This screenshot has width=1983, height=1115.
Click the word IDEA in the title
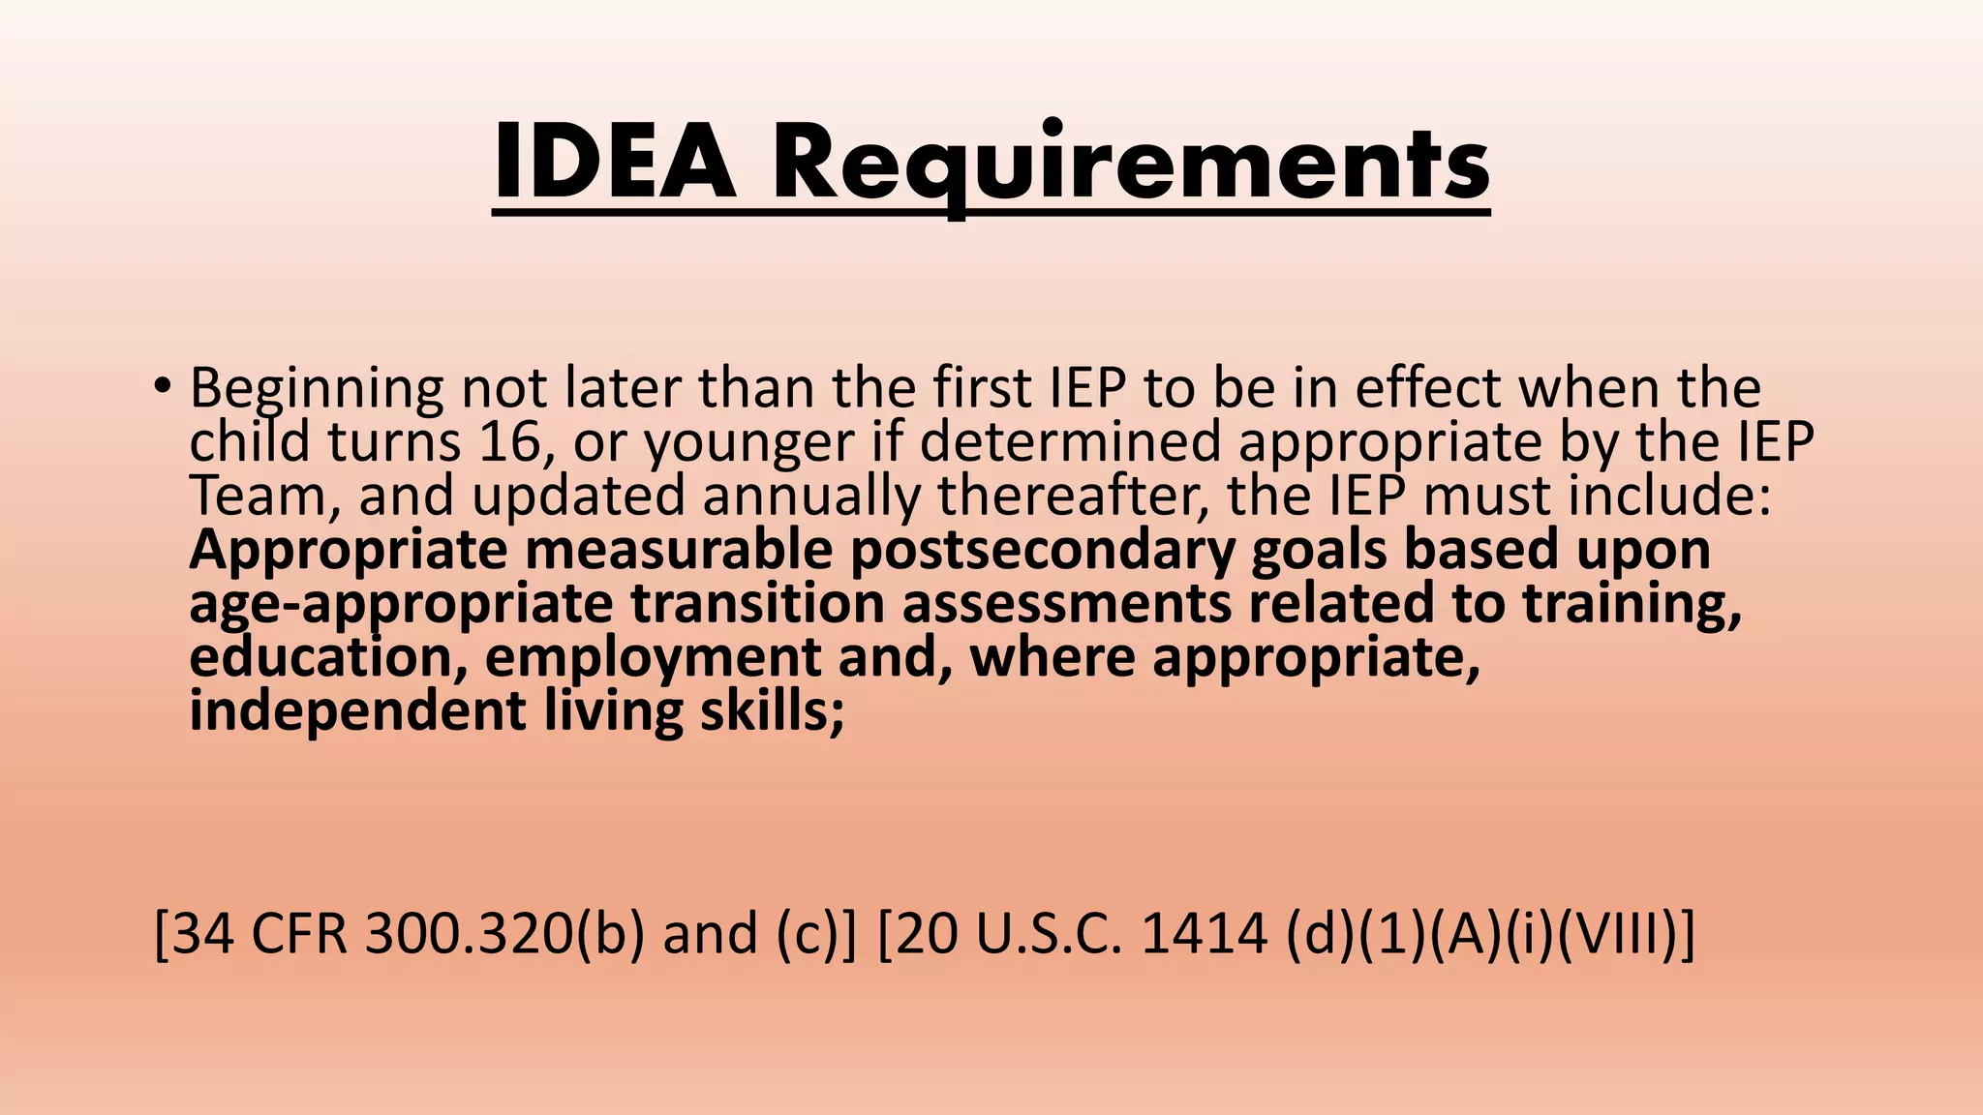point(615,163)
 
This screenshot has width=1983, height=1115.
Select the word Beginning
point(317,389)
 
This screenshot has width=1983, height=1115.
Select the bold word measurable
point(679,550)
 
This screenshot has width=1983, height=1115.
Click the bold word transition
point(757,603)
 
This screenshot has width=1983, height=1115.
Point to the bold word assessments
point(1067,603)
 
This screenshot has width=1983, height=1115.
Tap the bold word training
point(1632,603)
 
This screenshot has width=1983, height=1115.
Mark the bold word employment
point(653,657)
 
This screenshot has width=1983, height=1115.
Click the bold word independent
point(357,711)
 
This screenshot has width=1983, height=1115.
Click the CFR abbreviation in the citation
point(299,935)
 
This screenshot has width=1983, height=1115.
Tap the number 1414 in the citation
point(1205,935)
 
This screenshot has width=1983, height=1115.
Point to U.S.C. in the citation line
point(1051,935)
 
